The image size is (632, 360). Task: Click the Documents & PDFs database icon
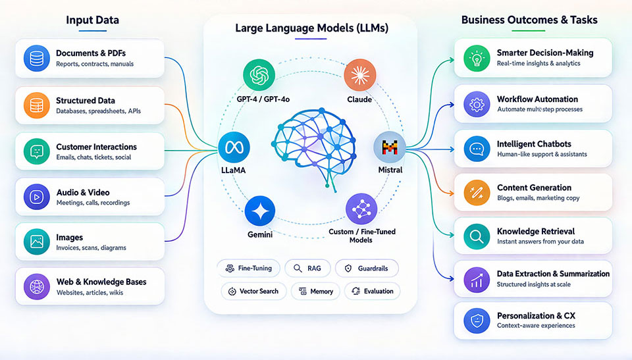click(x=36, y=58)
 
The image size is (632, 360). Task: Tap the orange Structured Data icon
click(x=36, y=105)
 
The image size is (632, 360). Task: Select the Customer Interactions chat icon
click(x=36, y=151)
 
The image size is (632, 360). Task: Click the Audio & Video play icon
click(x=36, y=197)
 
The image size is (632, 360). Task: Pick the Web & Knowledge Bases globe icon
click(x=36, y=286)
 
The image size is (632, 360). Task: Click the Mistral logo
click(x=390, y=147)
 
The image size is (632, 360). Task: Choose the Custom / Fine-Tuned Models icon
click(x=361, y=209)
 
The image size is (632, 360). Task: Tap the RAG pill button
click(x=307, y=269)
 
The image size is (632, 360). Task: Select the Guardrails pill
click(x=367, y=269)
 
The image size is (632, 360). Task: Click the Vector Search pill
click(x=253, y=291)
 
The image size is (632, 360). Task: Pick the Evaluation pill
click(x=372, y=291)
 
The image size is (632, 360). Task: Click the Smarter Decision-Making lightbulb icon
click(x=477, y=57)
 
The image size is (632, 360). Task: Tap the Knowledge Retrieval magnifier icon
click(x=477, y=236)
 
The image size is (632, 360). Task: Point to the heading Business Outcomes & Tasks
click(x=529, y=20)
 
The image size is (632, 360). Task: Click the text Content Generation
click(x=534, y=188)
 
